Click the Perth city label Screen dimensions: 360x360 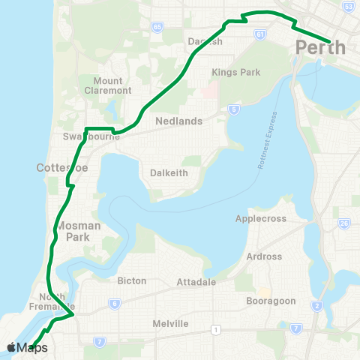321,48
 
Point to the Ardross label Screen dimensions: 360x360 264,256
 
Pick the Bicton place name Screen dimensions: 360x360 132,280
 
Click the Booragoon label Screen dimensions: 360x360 271,301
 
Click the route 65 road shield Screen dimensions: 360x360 157,27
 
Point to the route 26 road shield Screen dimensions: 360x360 344,223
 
